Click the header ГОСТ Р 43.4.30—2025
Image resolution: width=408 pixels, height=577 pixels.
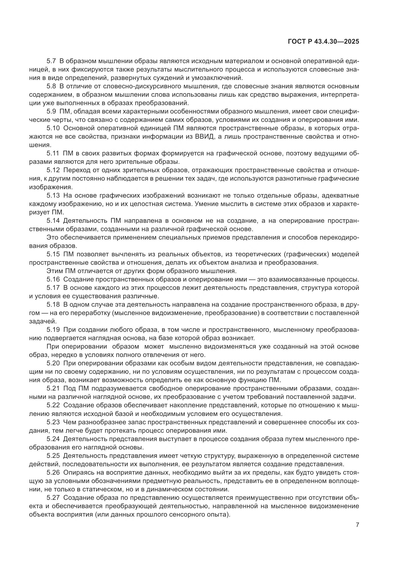(323, 42)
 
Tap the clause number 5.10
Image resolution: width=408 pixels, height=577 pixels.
(53, 128)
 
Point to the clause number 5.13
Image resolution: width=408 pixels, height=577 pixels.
(53, 195)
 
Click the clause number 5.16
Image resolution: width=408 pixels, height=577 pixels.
(53, 279)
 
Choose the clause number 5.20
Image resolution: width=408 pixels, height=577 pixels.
(53, 363)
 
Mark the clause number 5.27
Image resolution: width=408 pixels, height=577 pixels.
(53, 497)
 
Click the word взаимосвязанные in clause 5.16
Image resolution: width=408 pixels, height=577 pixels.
(296, 279)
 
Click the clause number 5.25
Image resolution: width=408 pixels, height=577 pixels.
(53, 456)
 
